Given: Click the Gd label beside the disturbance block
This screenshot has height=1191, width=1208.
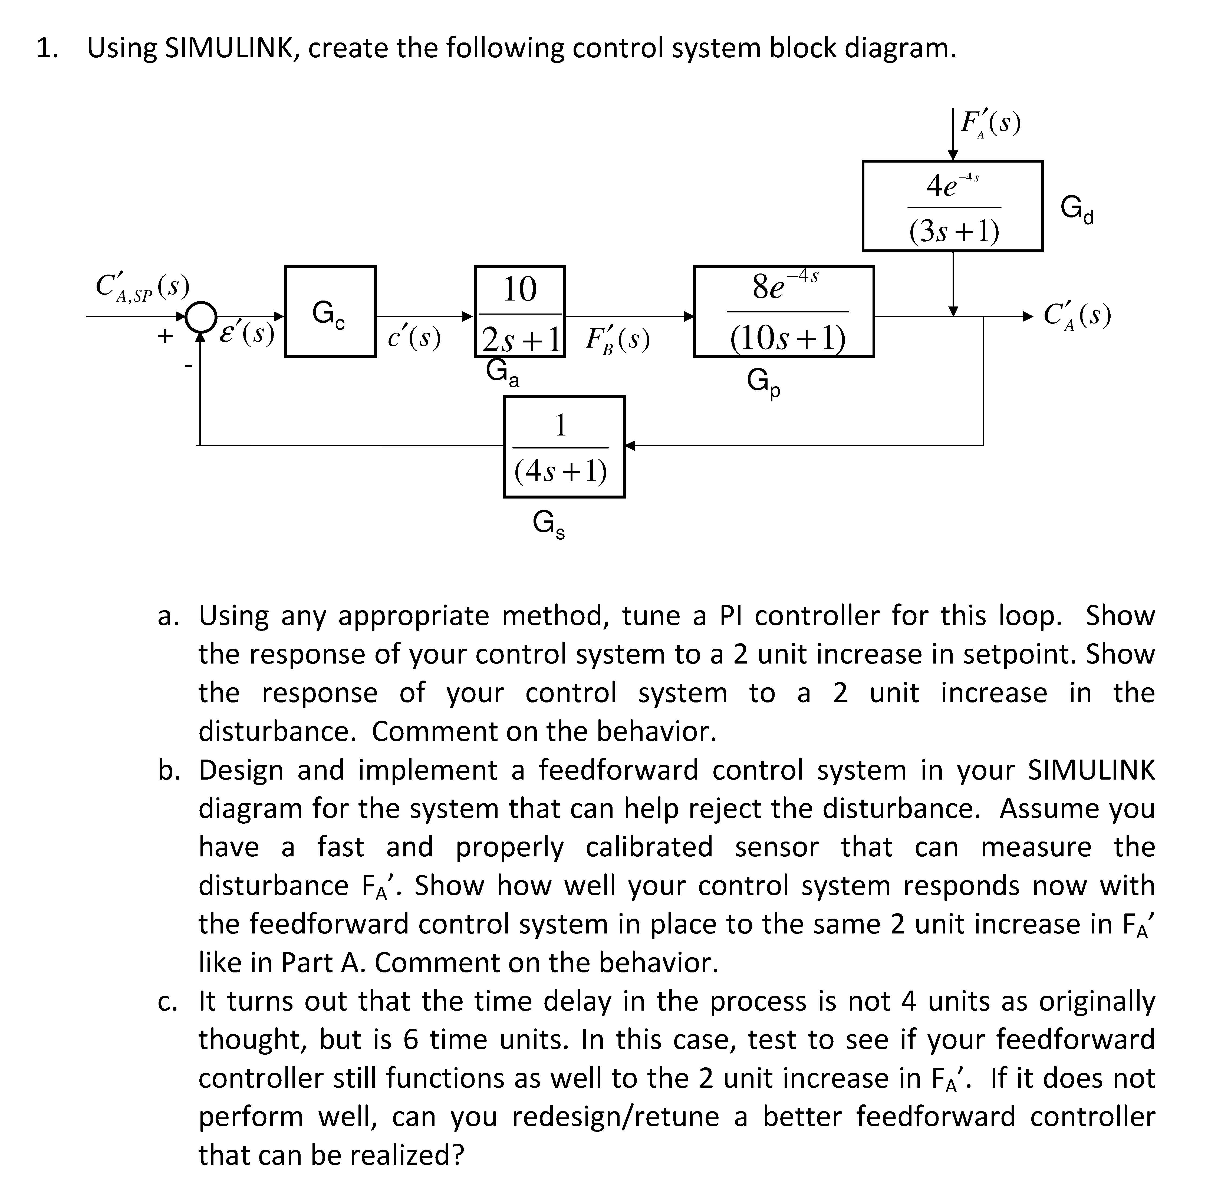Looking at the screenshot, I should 1077,209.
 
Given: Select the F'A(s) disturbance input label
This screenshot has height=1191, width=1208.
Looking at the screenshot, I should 990,123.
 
